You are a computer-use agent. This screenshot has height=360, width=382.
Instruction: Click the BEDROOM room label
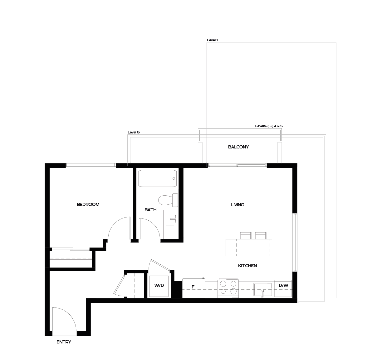[x=88, y=204]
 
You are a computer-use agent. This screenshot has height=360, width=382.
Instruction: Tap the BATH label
[x=150, y=210]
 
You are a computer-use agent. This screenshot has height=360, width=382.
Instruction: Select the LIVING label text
[x=237, y=205]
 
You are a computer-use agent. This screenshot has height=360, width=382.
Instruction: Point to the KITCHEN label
[x=247, y=266]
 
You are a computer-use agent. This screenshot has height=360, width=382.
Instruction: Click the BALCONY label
[x=238, y=147]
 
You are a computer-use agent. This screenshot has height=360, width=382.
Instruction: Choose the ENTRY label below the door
[x=64, y=342]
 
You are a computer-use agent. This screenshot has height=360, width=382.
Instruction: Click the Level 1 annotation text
[x=212, y=40]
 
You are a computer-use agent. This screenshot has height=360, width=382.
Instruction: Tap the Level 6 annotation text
[x=134, y=132]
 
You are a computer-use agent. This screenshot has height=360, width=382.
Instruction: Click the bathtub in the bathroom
[x=157, y=179]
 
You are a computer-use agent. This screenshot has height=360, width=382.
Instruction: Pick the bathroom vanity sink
[x=171, y=218]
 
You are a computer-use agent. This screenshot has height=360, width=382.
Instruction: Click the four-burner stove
[x=228, y=287]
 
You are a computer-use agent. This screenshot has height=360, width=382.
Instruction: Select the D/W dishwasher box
[x=283, y=288]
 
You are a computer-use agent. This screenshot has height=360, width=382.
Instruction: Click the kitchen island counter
[x=248, y=247]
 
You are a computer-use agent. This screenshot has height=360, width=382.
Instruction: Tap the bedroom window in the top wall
[x=91, y=165]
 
